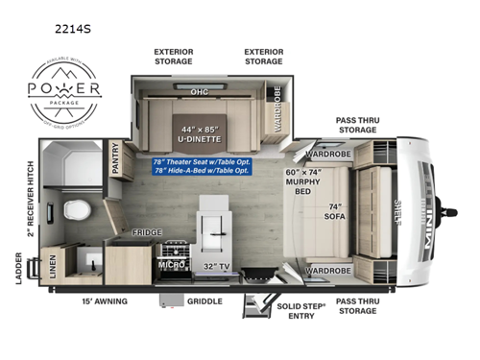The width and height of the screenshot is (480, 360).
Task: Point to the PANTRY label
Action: (116, 159)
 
